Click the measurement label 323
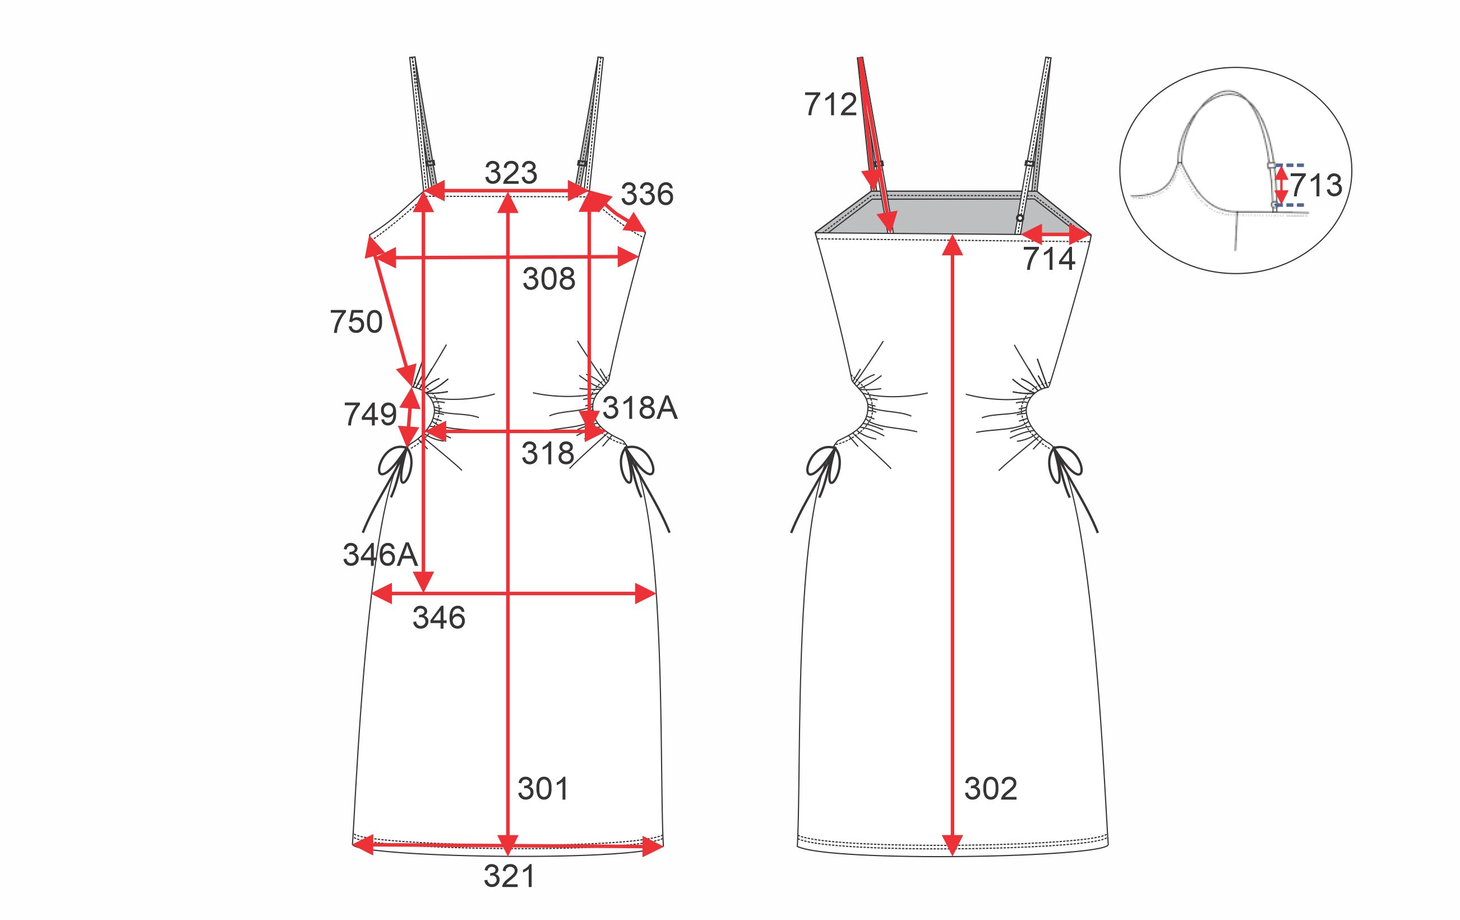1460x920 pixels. (511, 173)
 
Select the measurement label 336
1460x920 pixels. (647, 195)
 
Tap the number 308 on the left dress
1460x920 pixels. (549, 279)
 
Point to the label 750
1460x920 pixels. (357, 322)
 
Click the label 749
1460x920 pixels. (371, 415)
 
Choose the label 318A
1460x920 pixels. (640, 408)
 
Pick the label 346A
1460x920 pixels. (380, 555)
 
